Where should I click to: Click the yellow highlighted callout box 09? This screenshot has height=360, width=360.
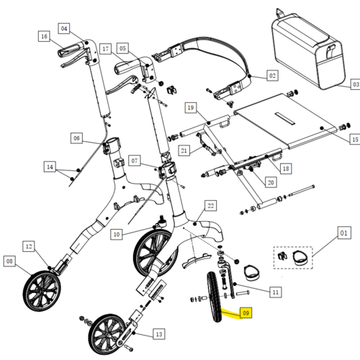[x=246, y=312]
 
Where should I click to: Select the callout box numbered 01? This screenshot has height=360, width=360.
[x=344, y=233]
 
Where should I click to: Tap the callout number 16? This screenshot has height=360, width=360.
[x=44, y=36]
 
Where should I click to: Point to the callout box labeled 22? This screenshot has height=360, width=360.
[x=210, y=206]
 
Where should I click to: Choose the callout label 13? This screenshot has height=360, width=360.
[x=159, y=334]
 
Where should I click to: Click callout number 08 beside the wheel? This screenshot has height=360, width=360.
[x=9, y=261]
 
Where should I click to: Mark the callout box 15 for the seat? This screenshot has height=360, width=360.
[x=355, y=139]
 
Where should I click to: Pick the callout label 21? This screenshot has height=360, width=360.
[x=184, y=150]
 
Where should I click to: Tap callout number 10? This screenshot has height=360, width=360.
[x=117, y=234]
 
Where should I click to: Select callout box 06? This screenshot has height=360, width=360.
[x=76, y=138]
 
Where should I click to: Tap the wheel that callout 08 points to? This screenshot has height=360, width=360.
[x=42, y=291]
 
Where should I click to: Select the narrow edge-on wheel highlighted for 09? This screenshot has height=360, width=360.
[x=215, y=297]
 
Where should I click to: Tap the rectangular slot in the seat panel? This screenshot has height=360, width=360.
[x=285, y=118]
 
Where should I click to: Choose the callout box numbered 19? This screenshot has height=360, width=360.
[x=191, y=107]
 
